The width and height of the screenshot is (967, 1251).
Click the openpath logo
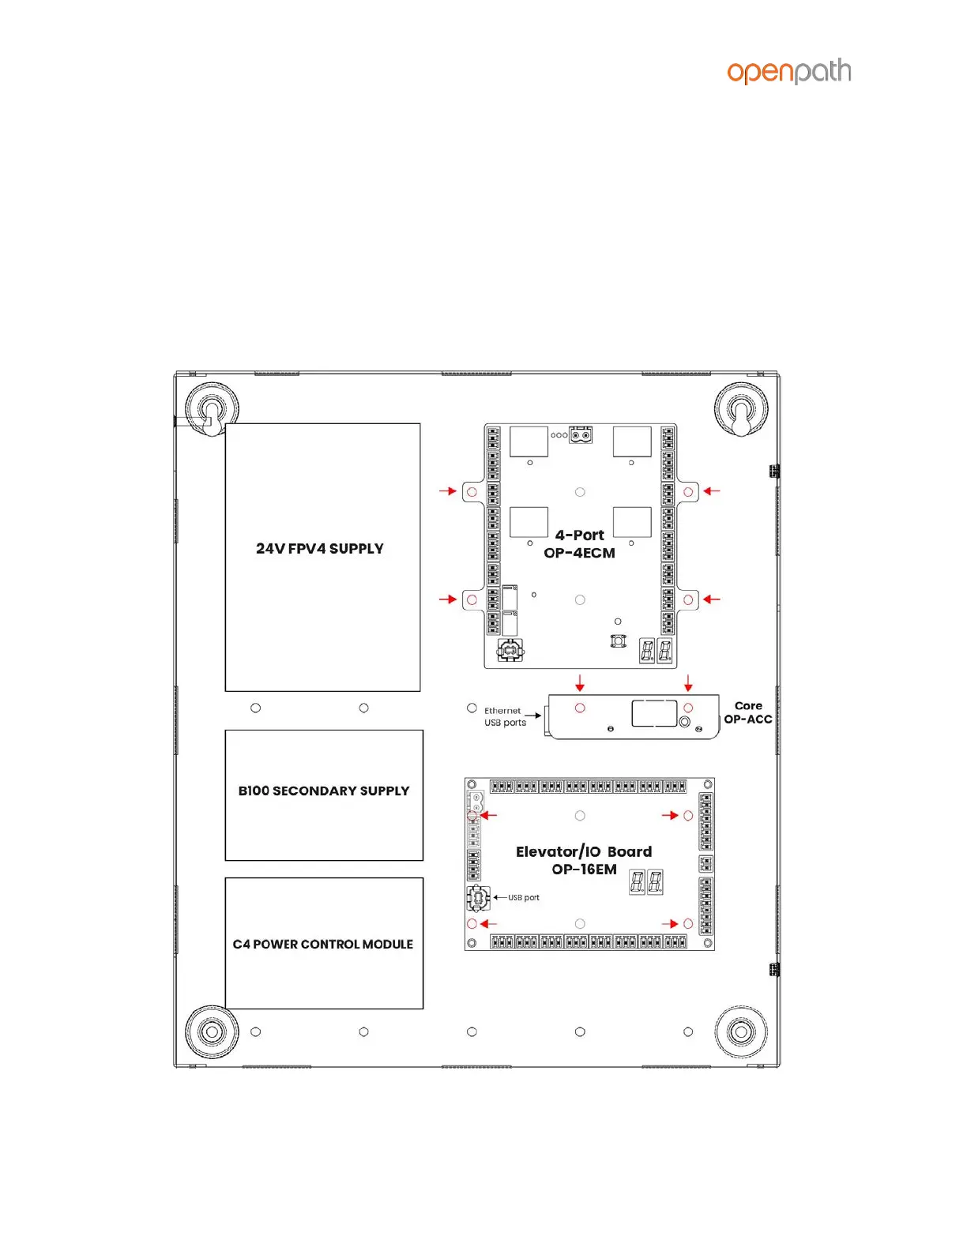coord(788,72)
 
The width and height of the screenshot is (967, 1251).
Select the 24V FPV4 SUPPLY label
coord(319,549)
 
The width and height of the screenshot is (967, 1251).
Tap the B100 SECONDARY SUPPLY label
coord(324,791)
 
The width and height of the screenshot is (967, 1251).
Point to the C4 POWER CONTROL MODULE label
coord(322,945)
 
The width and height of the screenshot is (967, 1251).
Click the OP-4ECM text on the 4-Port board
coord(579,554)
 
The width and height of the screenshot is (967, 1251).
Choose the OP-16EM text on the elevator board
coord(584,870)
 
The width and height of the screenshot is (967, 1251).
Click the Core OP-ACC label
coord(747,712)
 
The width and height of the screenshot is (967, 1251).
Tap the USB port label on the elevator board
coord(523,898)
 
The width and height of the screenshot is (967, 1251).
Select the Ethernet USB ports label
coord(504,716)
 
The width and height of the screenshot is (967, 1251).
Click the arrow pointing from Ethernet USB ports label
coord(533,716)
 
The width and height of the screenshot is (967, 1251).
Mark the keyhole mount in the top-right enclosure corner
coord(740,412)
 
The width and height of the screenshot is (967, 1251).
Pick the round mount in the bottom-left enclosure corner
coord(212,1031)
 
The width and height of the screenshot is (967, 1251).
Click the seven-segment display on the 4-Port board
coord(656,651)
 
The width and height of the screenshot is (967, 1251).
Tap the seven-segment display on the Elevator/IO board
coord(645,882)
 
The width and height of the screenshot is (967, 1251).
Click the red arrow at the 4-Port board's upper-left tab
coord(448,491)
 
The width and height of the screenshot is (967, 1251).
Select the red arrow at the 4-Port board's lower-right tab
coord(712,599)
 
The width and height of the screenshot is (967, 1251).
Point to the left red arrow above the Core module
coord(580,682)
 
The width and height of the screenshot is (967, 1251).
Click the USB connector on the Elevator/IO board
coord(478,898)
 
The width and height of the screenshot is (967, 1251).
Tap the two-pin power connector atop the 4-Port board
coord(581,435)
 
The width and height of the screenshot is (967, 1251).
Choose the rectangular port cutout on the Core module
coord(654,712)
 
